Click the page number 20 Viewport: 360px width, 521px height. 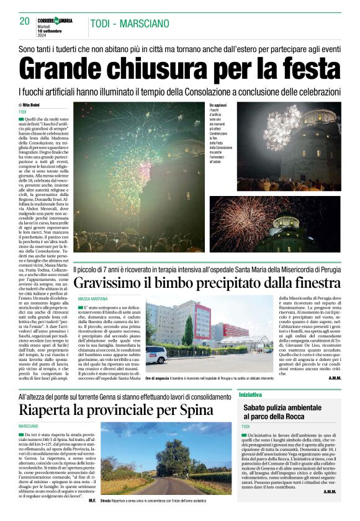click(x=25, y=21)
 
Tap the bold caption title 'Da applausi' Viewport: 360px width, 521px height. click(x=218, y=105)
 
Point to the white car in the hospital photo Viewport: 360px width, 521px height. click(x=156, y=354)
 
